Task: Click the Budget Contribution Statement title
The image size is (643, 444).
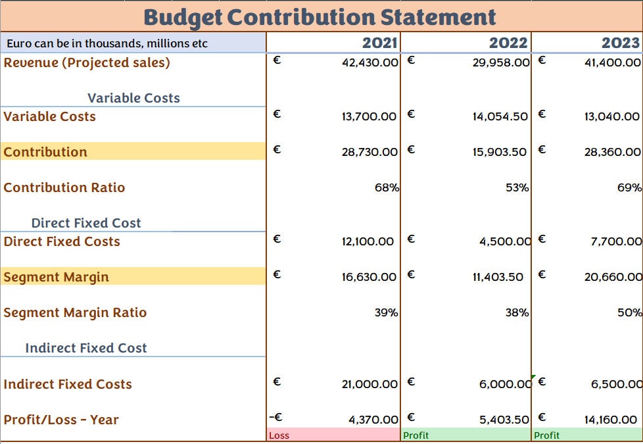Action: tap(320, 16)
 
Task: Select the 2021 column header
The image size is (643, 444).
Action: tap(379, 43)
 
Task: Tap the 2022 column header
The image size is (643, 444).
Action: tap(508, 43)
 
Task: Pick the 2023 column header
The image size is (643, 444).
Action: tap(620, 43)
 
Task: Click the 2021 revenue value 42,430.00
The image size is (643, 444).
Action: tap(370, 63)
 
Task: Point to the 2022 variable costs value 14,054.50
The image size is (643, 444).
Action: tap(500, 116)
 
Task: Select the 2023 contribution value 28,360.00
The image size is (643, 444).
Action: tap(612, 152)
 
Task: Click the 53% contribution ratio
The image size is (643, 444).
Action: tap(517, 187)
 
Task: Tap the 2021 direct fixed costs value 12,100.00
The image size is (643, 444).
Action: tap(368, 241)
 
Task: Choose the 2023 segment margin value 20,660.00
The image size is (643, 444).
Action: tap(612, 277)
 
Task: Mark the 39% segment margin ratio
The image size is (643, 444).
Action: tap(387, 312)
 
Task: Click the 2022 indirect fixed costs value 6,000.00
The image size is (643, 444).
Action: tap(504, 384)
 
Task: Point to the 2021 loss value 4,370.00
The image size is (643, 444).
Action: tap(373, 420)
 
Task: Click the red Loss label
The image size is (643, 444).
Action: tap(279, 435)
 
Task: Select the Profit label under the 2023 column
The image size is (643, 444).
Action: tap(547, 435)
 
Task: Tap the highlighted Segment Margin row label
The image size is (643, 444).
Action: tap(57, 277)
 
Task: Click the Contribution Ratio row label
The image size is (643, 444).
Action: tap(64, 187)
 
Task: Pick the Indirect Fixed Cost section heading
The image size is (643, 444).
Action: tap(86, 348)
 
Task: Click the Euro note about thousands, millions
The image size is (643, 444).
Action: tap(107, 44)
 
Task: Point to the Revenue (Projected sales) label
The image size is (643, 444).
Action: tap(87, 63)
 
